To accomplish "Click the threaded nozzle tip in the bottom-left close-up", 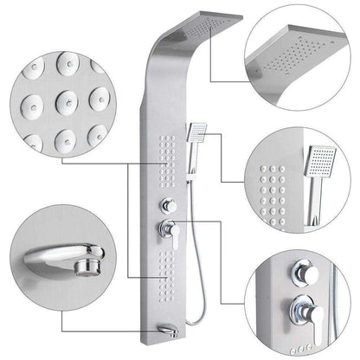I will [x=90, y=256].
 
